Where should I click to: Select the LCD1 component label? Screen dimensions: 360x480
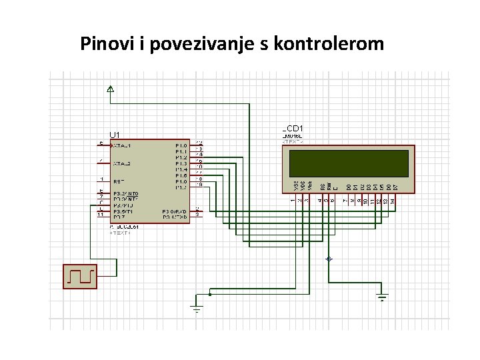[293, 127]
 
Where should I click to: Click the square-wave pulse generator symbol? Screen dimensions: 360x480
[80, 276]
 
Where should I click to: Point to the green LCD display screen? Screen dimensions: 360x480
[348, 163]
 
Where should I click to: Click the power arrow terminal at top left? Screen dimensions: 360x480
[111, 89]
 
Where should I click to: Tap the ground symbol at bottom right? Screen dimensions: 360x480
[382, 298]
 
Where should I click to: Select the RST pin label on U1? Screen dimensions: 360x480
[118, 181]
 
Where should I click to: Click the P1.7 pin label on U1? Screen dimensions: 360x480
[181, 187]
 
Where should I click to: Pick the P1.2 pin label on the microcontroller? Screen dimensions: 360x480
[181, 157]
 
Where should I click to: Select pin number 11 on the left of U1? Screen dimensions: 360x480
[100, 215]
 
